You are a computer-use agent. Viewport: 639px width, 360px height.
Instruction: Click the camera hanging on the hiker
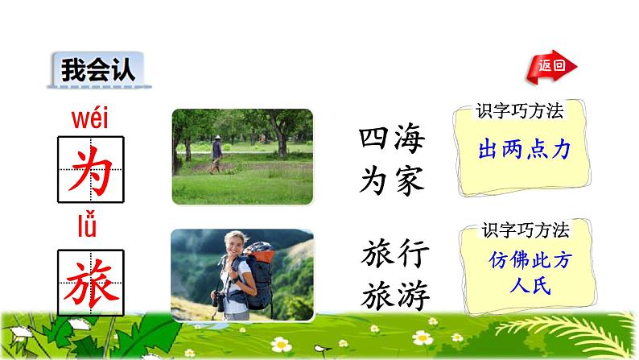(218, 301)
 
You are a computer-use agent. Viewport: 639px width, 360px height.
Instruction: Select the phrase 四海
(391, 145)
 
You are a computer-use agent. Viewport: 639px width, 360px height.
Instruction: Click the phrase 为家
(391, 181)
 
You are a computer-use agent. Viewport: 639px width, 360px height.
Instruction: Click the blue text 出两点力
(524, 151)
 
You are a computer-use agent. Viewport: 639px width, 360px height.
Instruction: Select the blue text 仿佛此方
(523, 261)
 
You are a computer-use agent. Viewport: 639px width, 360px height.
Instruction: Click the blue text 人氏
(524, 285)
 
